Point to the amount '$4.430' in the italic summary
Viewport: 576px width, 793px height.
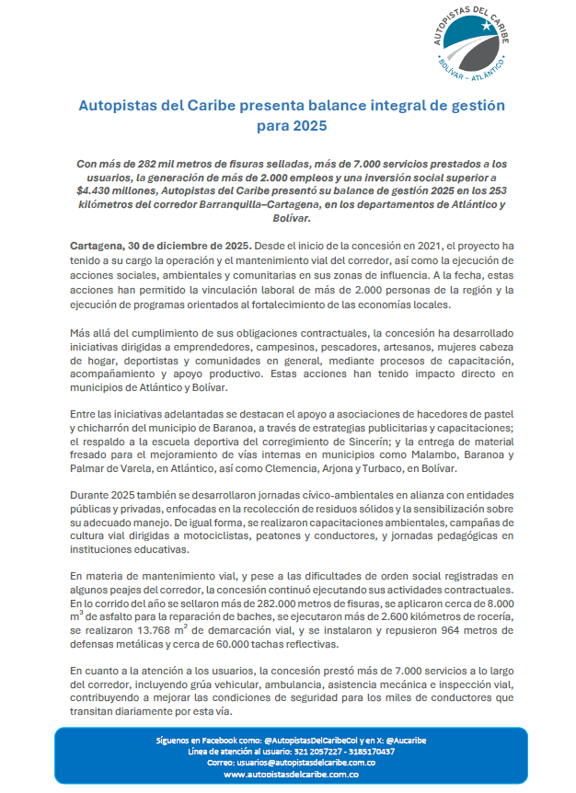pyautogui.click(x=98, y=191)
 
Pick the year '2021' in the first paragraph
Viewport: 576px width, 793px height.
pyautogui.click(x=409, y=247)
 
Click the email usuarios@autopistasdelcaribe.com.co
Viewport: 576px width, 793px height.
pyautogui.click(x=291, y=763)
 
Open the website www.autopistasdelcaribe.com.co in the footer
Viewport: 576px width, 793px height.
pyautogui.click(x=291, y=775)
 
